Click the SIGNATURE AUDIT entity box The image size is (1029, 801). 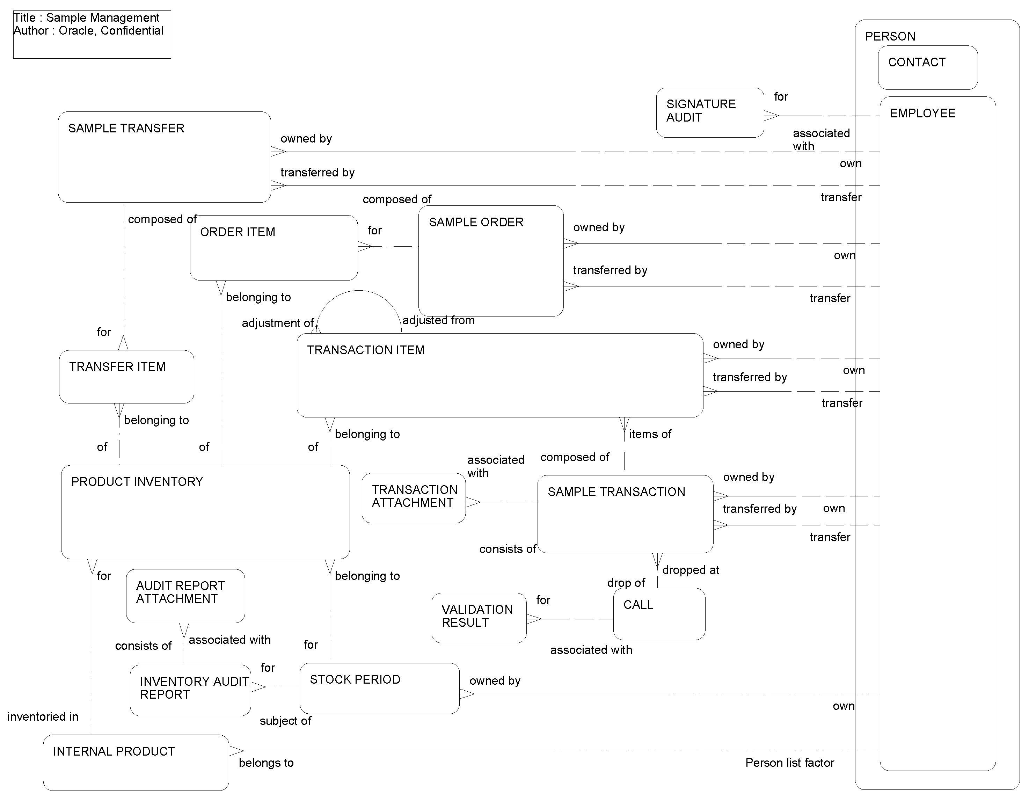coord(709,112)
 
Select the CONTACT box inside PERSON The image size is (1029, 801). coord(927,67)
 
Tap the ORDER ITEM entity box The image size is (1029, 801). coord(273,248)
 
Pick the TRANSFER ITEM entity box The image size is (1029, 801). coord(126,377)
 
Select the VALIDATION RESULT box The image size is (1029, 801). coord(479,617)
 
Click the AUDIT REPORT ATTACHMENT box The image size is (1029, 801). coord(185,596)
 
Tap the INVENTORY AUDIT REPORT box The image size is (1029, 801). coord(190,690)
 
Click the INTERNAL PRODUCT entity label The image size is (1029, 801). coord(114,751)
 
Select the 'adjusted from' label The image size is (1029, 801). coord(438,320)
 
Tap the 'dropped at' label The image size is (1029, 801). coord(690,570)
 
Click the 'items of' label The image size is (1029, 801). coord(650,434)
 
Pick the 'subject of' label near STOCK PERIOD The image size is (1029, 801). coord(285,721)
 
